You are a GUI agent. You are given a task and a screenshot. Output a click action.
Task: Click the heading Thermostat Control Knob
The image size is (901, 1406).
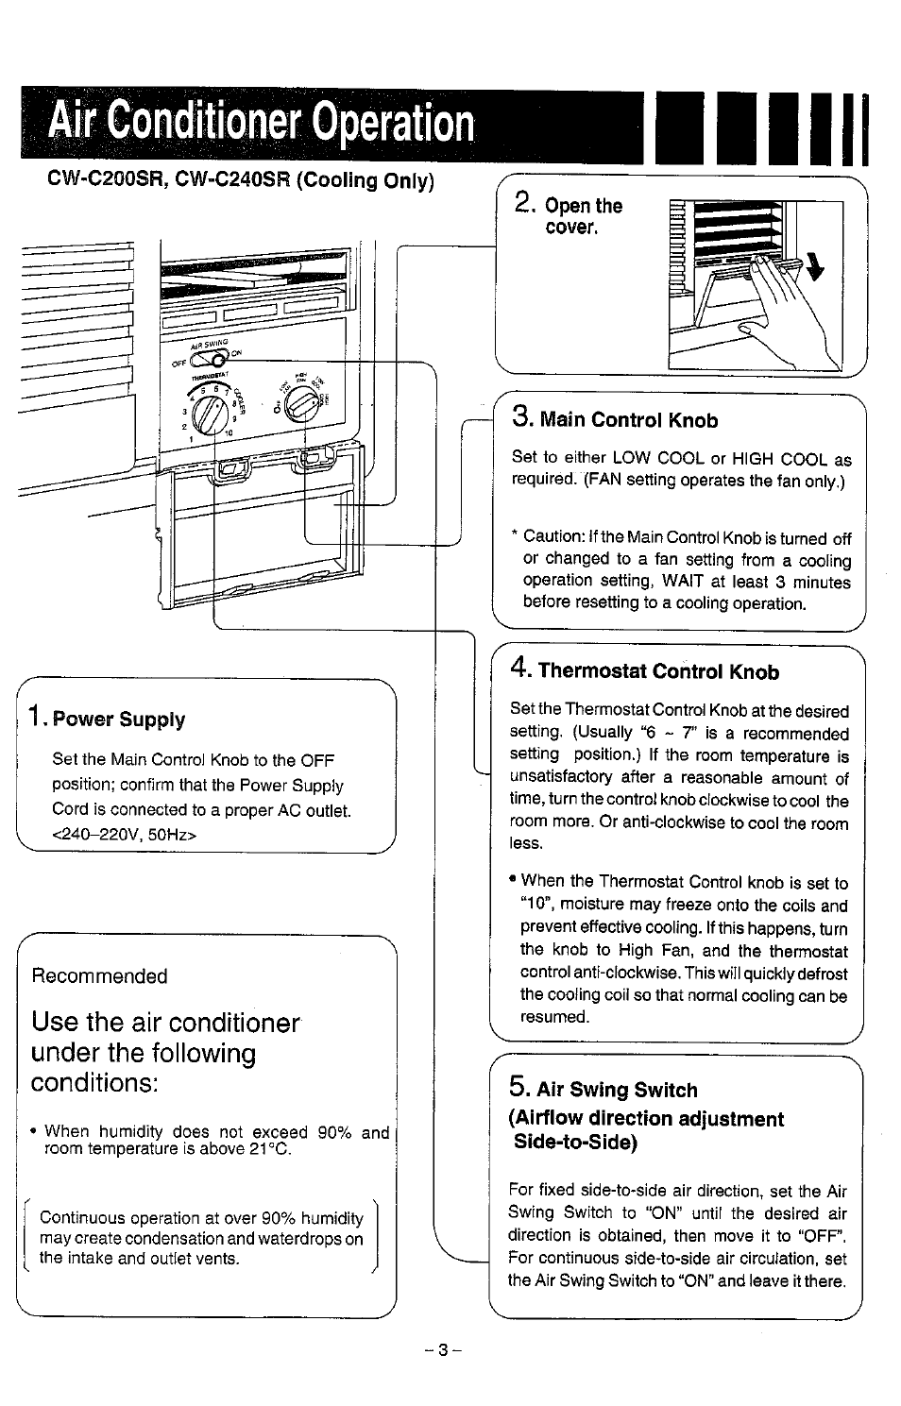tap(658, 671)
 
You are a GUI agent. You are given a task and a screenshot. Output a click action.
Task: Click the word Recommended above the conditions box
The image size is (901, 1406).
tap(99, 976)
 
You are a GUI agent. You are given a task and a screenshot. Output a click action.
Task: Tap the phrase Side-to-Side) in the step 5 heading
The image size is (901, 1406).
tap(575, 1142)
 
